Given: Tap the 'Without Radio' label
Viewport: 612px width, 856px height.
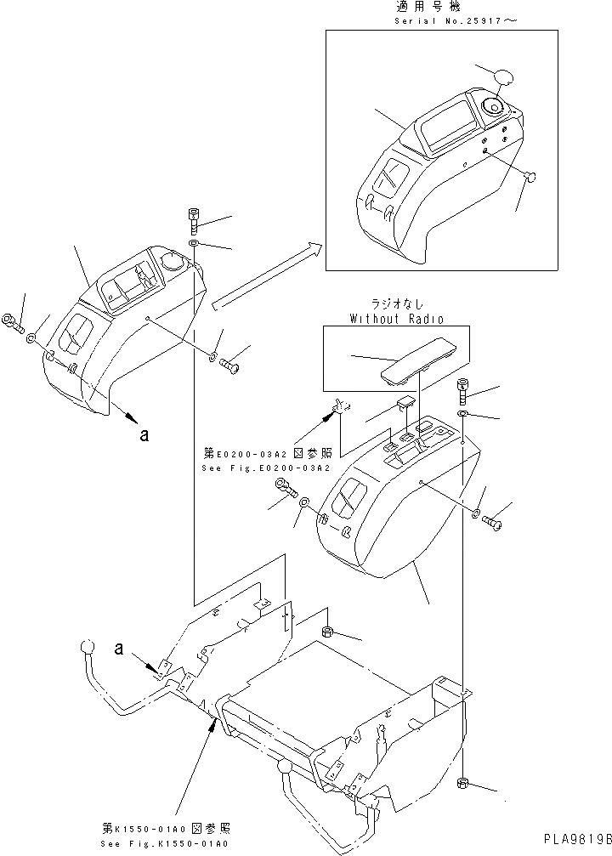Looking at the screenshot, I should tap(395, 318).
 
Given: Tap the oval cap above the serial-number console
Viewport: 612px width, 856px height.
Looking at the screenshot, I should tap(503, 77).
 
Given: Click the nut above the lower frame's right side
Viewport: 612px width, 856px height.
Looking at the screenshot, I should tap(328, 632).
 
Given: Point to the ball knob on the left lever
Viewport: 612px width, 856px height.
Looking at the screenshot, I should tap(86, 647).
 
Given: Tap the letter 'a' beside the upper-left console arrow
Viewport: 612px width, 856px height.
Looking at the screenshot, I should tap(144, 434).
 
